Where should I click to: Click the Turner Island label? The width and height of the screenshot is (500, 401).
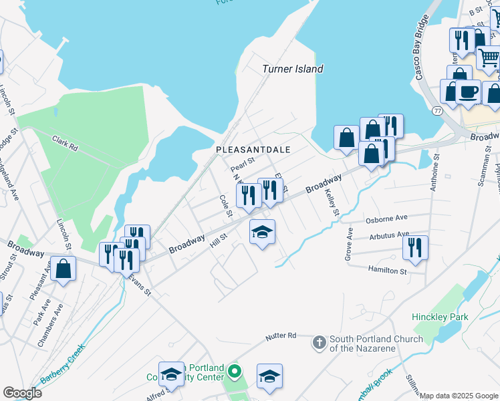(293, 69)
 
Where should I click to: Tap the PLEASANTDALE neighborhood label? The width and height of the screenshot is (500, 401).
(253, 150)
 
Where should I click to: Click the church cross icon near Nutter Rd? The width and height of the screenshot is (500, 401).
(319, 344)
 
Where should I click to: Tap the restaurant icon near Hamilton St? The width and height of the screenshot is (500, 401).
(415, 248)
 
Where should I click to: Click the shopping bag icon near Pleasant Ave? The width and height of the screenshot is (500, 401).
(63, 270)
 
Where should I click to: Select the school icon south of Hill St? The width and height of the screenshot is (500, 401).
(262, 233)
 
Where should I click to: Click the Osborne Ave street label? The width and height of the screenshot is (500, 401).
(386, 219)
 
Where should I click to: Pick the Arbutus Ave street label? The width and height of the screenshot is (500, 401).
(389, 236)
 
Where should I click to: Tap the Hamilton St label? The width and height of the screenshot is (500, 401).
(387, 270)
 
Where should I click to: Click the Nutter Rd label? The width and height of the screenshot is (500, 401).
(280, 336)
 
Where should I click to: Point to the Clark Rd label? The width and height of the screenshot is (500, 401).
(66, 143)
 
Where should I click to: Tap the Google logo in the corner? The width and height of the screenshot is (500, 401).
(22, 393)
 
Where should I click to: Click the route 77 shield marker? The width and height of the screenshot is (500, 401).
(437, 110)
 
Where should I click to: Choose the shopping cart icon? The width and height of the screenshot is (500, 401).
(489, 59)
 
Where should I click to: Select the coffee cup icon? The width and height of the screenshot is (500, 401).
(468, 92)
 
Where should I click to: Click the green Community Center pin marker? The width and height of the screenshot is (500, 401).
(234, 371)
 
